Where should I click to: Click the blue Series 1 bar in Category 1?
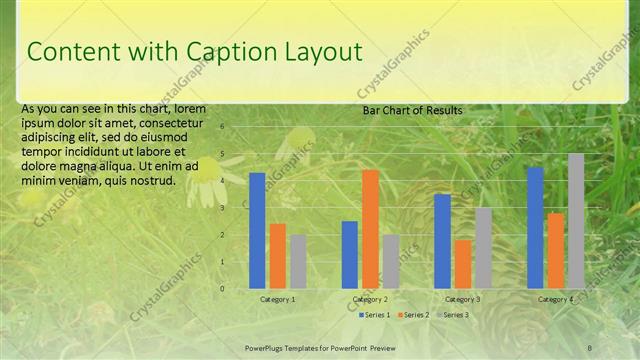[x=257, y=231]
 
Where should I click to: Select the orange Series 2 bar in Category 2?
[x=370, y=229]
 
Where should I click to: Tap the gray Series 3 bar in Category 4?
[x=576, y=221]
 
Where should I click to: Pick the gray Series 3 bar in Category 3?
[x=483, y=248]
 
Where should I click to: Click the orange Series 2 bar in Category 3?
[x=463, y=264]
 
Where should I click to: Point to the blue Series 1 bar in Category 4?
[x=535, y=228]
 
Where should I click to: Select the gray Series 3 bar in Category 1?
[x=298, y=262]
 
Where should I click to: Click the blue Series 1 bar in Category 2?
[x=350, y=255]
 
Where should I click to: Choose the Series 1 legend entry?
[x=374, y=315]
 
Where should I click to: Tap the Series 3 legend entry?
[x=455, y=315]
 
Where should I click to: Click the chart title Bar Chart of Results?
[x=412, y=109]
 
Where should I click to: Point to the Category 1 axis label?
[x=277, y=299]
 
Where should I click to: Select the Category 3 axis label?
[x=462, y=299]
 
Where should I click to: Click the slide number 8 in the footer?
[x=589, y=346]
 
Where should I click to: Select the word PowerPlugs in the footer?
[x=268, y=346]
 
